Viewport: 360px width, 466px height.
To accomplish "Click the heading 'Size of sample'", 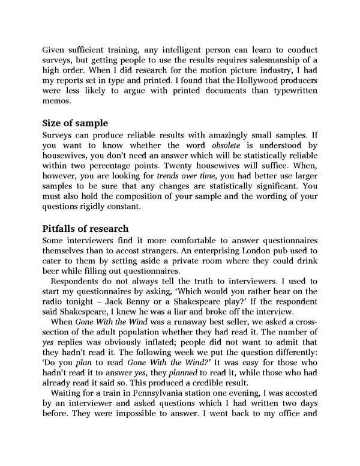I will [x=76, y=124].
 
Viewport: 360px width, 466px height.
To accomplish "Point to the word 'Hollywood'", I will [x=252, y=80].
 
